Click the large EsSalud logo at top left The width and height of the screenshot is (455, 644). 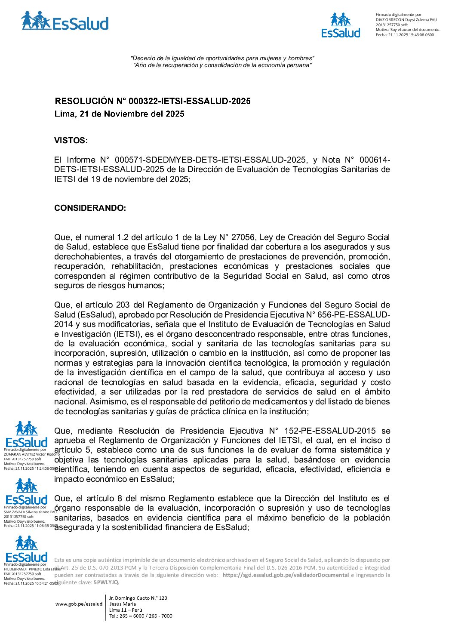pyautogui.click(x=65, y=22)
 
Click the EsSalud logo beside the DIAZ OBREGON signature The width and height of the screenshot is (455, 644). pyautogui.click(x=341, y=26)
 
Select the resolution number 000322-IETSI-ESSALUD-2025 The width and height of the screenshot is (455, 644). pyautogui.click(x=190, y=101)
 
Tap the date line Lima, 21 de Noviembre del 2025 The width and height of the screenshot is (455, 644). pyautogui.click(x=119, y=114)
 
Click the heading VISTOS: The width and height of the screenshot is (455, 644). pyautogui.click(x=71, y=141)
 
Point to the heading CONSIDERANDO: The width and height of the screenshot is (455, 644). pyautogui.click(x=90, y=208)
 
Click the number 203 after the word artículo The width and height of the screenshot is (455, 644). pyautogui.click(x=123, y=305)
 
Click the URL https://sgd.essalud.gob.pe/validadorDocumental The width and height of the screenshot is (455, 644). pyautogui.click(x=286, y=575)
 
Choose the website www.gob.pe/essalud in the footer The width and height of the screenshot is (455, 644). pyautogui.click(x=79, y=604)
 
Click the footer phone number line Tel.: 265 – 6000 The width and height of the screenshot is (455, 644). pyautogui.click(x=141, y=616)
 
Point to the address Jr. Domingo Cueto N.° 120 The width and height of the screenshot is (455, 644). pyautogui.click(x=138, y=598)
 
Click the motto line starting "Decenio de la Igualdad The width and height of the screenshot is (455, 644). pyautogui.click(x=222, y=58)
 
